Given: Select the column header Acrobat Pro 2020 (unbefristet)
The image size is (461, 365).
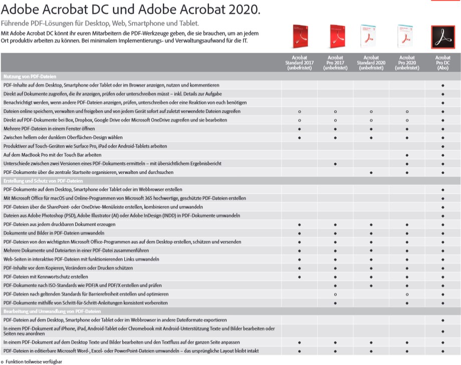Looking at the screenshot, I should pyautogui.click(x=407, y=63).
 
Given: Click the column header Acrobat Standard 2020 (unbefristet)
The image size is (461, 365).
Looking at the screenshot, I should pyautogui.click(x=371, y=63).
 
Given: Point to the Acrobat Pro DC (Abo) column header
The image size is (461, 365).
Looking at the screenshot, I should pyautogui.click(x=443, y=63).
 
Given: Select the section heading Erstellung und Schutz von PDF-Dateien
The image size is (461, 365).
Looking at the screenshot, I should pyautogui.click(x=43, y=180).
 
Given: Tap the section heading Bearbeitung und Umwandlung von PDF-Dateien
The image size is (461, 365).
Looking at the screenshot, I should pyautogui.click(x=52, y=311).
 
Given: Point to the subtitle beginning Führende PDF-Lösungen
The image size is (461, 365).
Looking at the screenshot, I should pyautogui.click(x=100, y=24).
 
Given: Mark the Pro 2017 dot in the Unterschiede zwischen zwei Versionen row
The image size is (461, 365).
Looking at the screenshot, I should pyautogui.click(x=335, y=163).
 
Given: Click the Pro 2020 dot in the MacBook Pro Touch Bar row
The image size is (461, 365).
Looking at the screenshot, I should pyautogui.click(x=407, y=155).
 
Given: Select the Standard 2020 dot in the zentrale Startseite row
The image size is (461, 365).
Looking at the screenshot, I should pyautogui.click(x=371, y=172).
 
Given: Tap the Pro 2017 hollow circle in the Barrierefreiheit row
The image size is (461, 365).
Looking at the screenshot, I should pyautogui.click(x=335, y=294).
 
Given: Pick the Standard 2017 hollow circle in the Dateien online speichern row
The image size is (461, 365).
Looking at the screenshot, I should pyautogui.click(x=300, y=111).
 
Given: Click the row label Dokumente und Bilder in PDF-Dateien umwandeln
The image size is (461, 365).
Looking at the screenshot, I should pyautogui.click(x=54, y=233).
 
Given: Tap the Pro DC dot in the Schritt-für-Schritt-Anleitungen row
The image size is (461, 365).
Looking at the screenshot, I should pyautogui.click(x=443, y=303).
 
